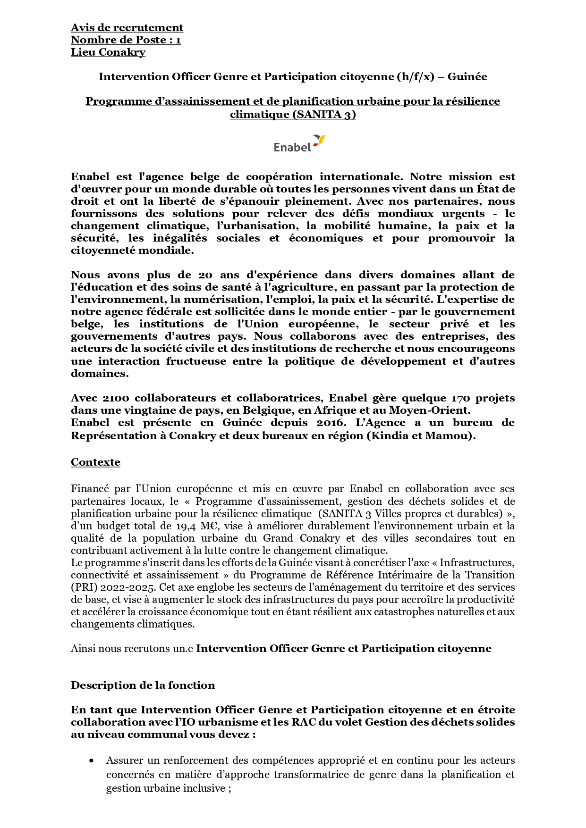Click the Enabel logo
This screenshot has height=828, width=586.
(x=299, y=143)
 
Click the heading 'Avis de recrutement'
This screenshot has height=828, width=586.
(x=127, y=28)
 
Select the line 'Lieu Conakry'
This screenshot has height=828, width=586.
(x=108, y=52)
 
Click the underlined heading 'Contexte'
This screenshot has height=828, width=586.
(x=95, y=462)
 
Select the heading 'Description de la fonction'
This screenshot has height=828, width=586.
(x=143, y=686)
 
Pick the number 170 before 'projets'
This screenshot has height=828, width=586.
(x=461, y=398)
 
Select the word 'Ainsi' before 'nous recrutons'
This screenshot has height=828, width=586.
(x=83, y=649)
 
